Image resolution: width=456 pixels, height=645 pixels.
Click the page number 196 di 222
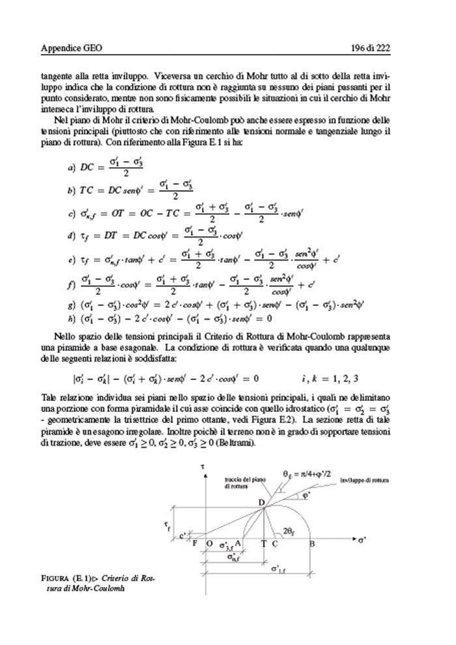[388, 48]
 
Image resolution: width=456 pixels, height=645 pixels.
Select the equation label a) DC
[81, 169]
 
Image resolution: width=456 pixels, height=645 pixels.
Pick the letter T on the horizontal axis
[263, 542]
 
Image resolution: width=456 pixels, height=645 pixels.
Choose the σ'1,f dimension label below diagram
[280, 571]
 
